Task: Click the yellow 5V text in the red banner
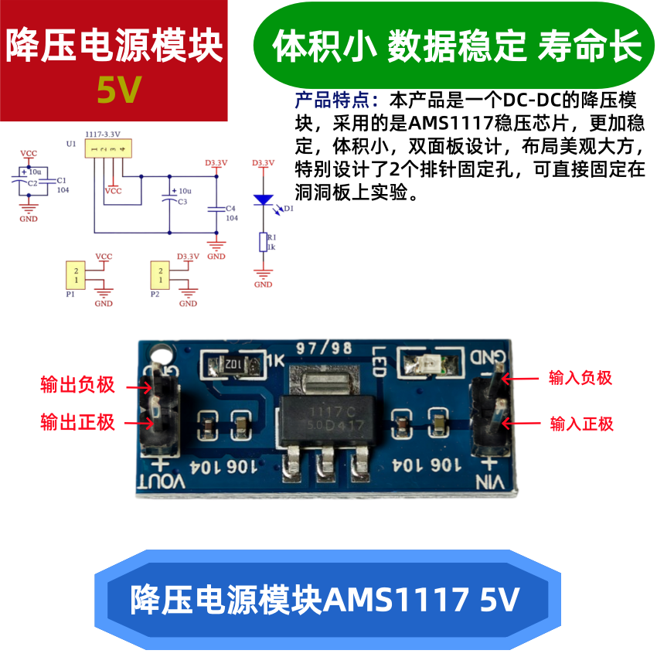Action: click(x=119, y=91)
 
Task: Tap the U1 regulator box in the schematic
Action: click(x=107, y=148)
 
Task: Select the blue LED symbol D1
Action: click(x=264, y=199)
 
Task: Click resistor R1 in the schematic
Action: click(x=264, y=242)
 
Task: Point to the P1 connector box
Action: click(x=75, y=275)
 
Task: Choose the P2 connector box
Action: click(x=159, y=275)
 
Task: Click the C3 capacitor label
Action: click(x=182, y=202)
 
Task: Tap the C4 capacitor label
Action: click(x=230, y=209)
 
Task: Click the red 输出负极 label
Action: click(x=77, y=384)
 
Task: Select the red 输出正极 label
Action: click(x=77, y=422)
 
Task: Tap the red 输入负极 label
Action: click(x=580, y=378)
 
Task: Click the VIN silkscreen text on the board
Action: click(x=490, y=482)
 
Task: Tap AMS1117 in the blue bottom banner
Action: click(x=397, y=599)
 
